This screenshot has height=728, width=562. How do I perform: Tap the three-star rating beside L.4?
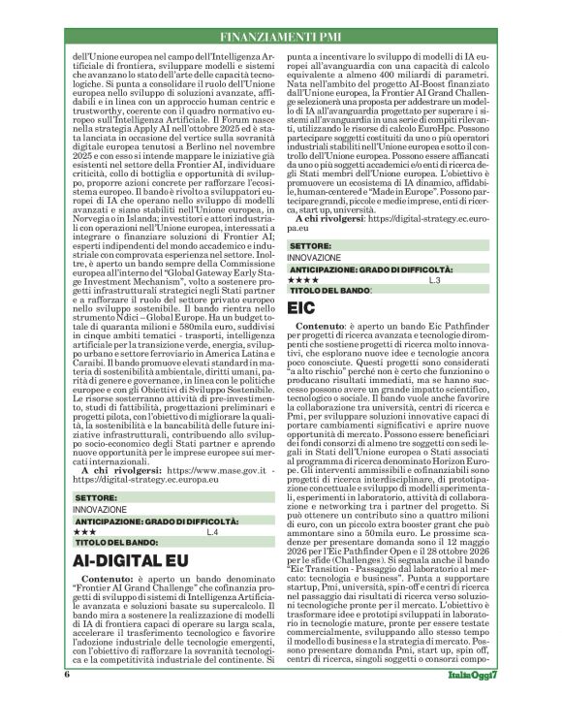84,532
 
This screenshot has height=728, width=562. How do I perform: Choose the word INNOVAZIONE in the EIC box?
314,258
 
